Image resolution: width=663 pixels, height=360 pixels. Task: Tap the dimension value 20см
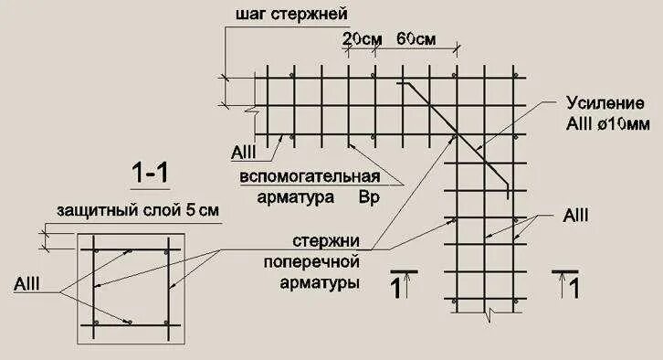pyautogui.click(x=361, y=40)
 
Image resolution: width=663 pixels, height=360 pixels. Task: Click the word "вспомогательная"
pyautogui.click(x=309, y=175)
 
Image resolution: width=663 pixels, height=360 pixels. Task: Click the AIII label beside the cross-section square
pyautogui.click(x=26, y=287)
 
